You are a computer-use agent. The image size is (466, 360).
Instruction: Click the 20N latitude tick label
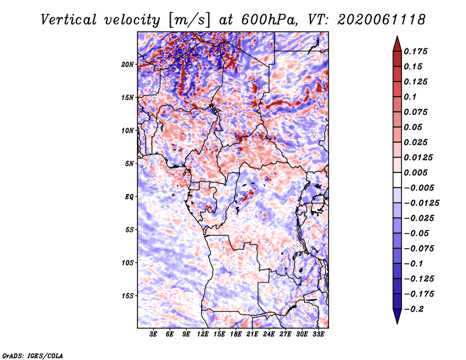click(127, 65)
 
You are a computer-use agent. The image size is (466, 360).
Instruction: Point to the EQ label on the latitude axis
click(129, 197)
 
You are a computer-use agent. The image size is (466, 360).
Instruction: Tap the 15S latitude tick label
click(127, 296)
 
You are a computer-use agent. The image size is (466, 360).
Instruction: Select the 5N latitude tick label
click(129, 164)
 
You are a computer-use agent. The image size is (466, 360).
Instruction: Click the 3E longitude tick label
click(153, 334)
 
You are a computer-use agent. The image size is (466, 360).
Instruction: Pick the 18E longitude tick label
click(235, 334)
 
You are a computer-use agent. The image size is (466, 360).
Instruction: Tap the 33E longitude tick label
click(318, 334)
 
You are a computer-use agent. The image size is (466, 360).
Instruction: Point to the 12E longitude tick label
click(202, 334)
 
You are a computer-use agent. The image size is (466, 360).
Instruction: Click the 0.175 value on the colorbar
click(415, 51)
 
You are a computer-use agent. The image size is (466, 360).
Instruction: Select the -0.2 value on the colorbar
click(414, 309)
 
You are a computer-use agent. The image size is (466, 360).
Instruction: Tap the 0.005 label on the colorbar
click(415, 172)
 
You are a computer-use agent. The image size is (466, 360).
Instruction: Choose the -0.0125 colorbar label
click(421, 203)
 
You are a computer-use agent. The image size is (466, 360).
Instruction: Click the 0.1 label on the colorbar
click(410, 97)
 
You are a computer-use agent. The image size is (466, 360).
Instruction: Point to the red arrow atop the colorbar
click(397, 44)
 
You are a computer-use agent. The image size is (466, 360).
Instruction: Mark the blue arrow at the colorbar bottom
click(397, 316)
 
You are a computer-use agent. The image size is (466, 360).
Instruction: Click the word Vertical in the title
click(69, 20)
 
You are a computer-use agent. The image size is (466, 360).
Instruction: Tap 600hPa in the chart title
click(269, 20)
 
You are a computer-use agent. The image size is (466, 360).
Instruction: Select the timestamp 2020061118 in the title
click(382, 20)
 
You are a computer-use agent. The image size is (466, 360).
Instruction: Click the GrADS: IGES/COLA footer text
click(33, 355)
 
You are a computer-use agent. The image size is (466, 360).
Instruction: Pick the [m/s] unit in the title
click(189, 20)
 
